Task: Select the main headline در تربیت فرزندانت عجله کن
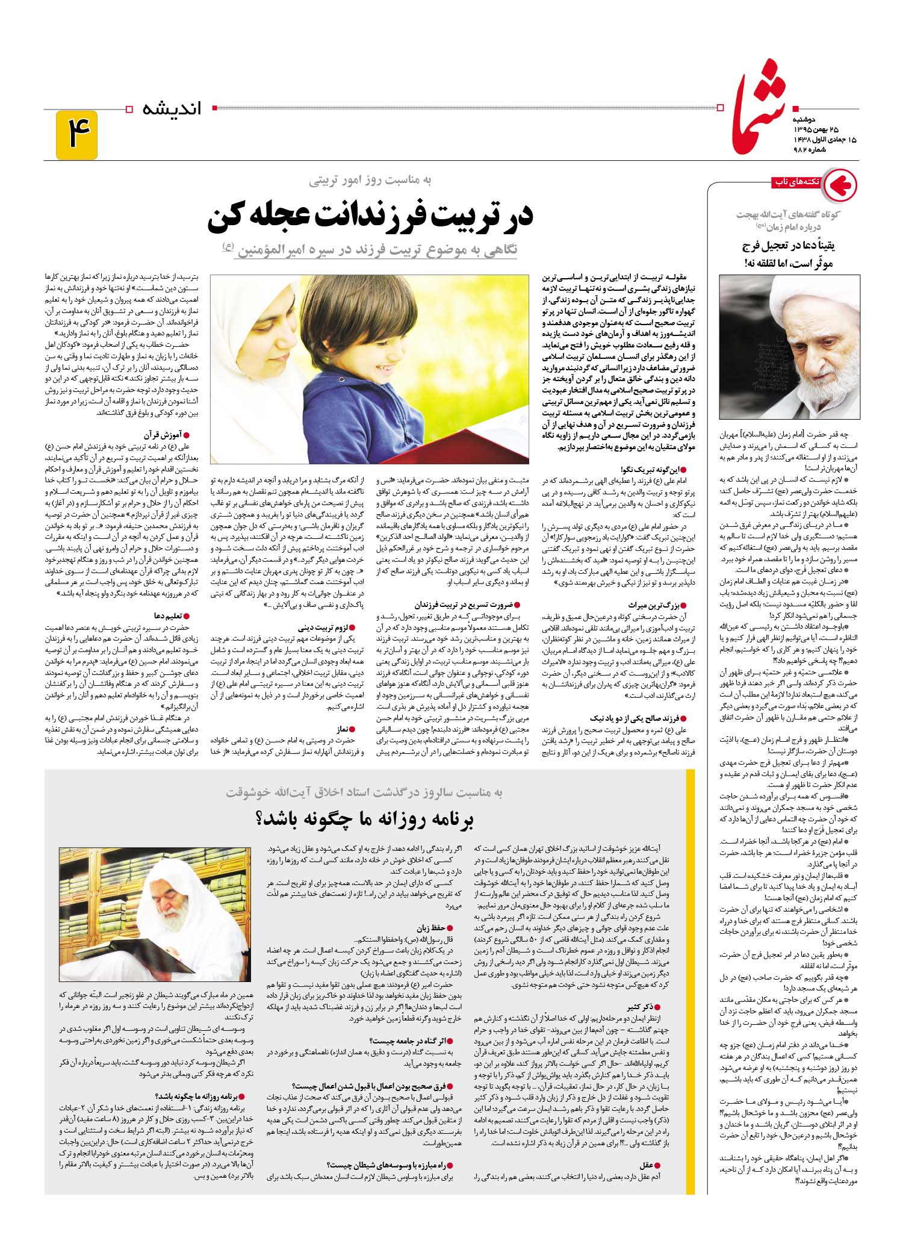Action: tap(370, 219)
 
